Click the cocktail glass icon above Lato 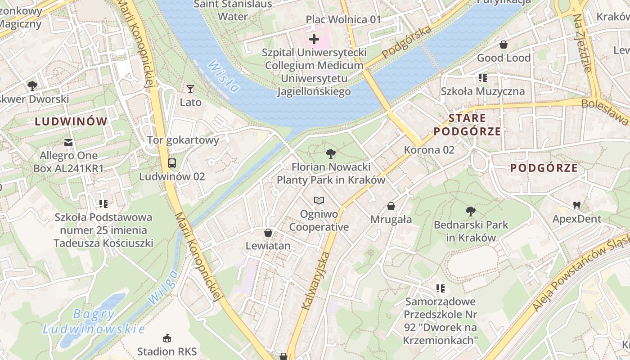pos(190,89)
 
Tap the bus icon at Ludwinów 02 pos(171,163)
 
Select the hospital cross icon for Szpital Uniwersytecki pos(314,40)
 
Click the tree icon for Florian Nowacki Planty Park pos(331,154)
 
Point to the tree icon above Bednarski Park pos(471,211)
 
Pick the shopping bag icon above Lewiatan pos(268,233)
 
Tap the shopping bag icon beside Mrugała pos(391,206)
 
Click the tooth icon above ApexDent pos(576,206)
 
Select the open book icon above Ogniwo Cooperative pos(319,200)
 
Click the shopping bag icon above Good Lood pos(504,45)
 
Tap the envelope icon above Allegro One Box pos(68,143)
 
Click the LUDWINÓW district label pos(71,121)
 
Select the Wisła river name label pos(223,77)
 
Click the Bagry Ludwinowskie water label pos(94,321)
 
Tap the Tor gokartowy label pos(183,140)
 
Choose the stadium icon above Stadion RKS pos(167,337)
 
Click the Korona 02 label pos(429,150)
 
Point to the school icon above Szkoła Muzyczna pos(483,78)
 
